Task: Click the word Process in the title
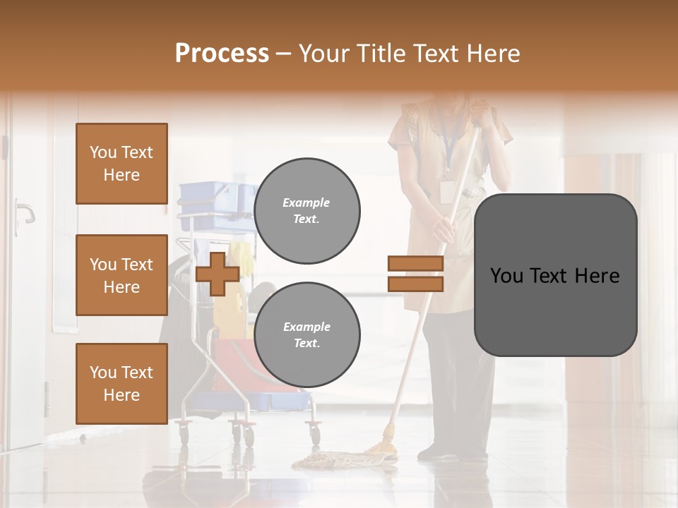tap(222, 54)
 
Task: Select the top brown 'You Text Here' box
tap(121, 164)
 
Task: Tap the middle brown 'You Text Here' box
tap(121, 275)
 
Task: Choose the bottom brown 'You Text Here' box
tap(121, 383)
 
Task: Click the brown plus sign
tap(217, 274)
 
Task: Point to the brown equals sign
tap(415, 274)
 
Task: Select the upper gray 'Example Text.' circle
tap(307, 210)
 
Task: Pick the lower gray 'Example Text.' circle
tap(307, 334)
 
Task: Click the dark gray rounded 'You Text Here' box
tap(555, 275)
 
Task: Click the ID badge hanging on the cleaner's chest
tap(446, 190)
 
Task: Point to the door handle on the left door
tap(24, 212)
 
